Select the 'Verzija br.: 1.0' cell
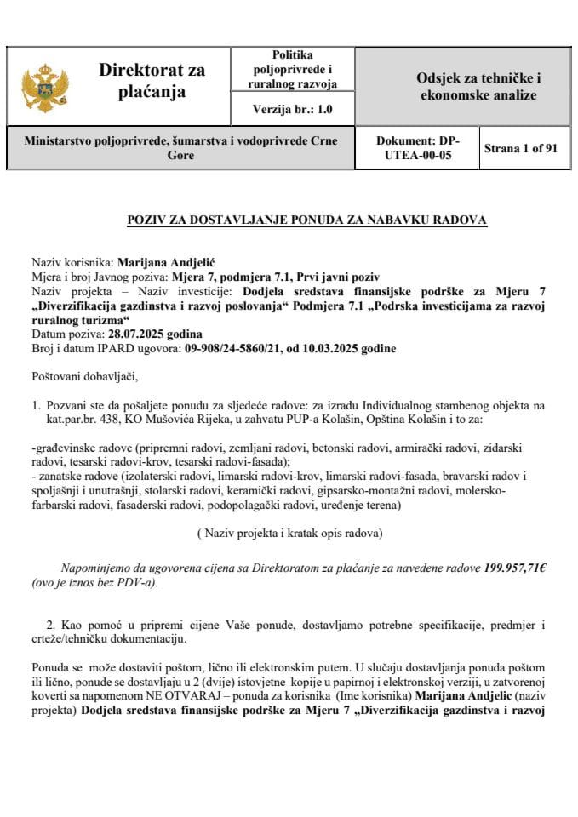[x=292, y=109]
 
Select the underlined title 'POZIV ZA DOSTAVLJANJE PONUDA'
[x=306, y=220]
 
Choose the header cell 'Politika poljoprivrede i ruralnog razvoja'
[x=292, y=69]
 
